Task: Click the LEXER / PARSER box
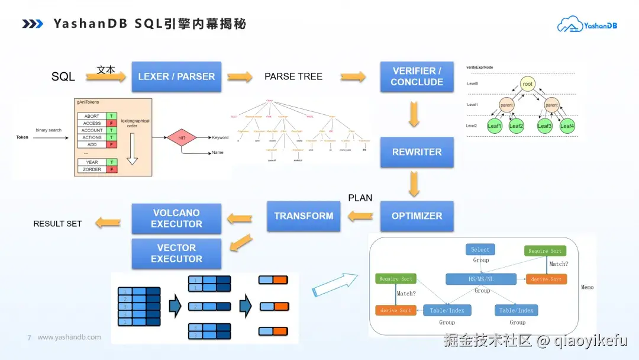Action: (176, 76)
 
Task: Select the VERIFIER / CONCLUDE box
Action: (417, 76)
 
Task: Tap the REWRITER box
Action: (417, 152)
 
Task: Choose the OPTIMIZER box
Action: (417, 216)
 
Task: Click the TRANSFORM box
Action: (304, 216)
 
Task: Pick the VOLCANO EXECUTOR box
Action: (176, 218)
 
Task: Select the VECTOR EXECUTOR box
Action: (176, 253)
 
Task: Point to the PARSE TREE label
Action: (293, 76)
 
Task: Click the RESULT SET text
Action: (57, 224)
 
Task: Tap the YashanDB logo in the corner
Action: (587, 25)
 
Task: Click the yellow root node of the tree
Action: (527, 84)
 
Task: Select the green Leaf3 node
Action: (544, 126)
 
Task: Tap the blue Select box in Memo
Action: (480, 249)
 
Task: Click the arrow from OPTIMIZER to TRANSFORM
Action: (360, 217)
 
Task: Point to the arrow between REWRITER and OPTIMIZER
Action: (414, 184)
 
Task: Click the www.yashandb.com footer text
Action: (69, 337)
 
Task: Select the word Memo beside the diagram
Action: (587, 287)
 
